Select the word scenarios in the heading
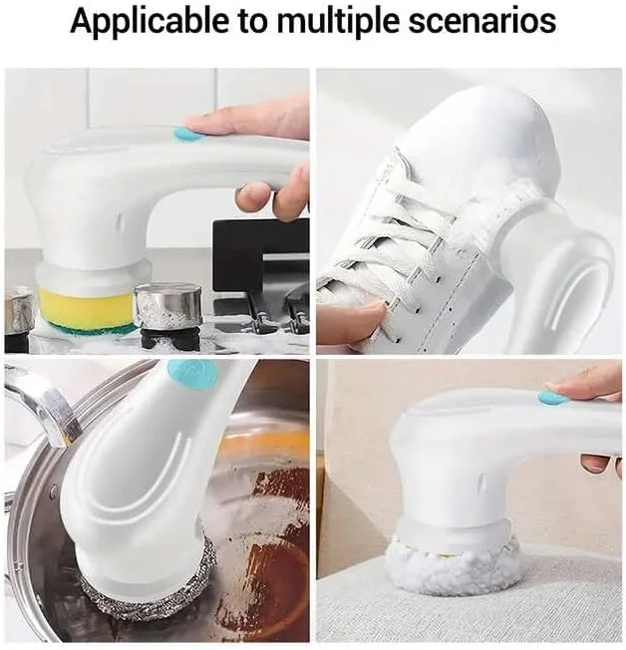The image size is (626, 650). tap(481, 21)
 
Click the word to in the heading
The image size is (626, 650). tap(253, 22)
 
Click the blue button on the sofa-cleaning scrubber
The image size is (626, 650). tap(553, 399)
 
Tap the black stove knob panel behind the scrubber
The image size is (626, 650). tap(261, 253)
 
